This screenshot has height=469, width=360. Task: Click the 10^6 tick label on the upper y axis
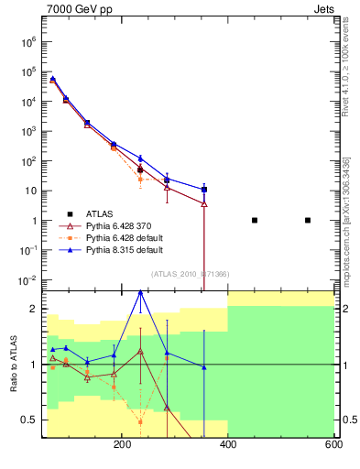coord(28,41)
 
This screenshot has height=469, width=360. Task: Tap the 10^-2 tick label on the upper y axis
coord(27,280)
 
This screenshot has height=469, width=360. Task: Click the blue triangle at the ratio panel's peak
coord(140,291)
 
